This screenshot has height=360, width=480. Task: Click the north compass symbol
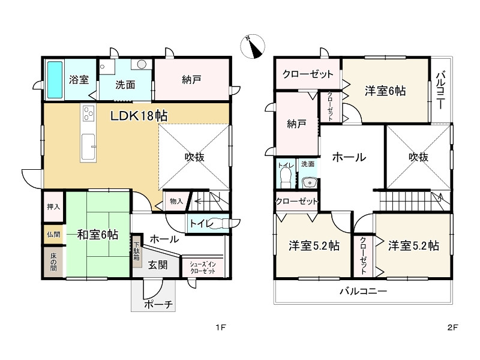(x=254, y=46)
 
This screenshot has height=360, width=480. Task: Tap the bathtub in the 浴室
(x=54, y=80)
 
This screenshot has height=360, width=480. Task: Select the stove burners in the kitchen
(x=88, y=113)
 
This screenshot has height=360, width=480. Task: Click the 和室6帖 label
(x=97, y=235)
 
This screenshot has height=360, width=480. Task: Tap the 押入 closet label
(x=53, y=206)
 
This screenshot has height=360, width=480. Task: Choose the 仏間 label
(x=53, y=235)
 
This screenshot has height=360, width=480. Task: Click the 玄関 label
(x=158, y=265)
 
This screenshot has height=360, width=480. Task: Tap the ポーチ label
(x=158, y=305)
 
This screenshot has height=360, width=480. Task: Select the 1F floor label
(x=221, y=328)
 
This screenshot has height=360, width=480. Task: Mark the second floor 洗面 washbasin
(x=310, y=182)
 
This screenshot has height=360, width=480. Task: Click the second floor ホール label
(x=349, y=158)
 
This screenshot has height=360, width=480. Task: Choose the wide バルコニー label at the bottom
(x=363, y=291)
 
